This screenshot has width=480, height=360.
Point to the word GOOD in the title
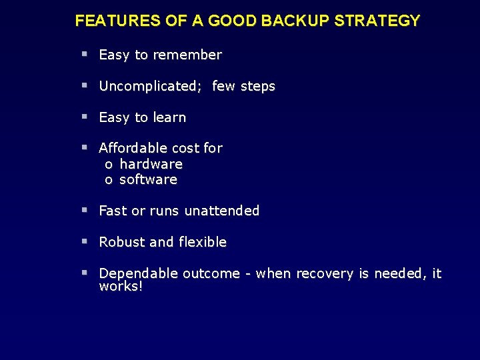click(233, 21)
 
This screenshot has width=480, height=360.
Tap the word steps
click(257, 86)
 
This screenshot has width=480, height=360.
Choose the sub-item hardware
click(151, 164)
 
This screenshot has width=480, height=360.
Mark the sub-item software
click(148, 179)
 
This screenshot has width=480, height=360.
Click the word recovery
click(323, 273)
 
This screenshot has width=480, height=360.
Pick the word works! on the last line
click(121, 286)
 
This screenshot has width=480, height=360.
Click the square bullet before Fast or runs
click(85, 210)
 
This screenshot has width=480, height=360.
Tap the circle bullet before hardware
click(108, 165)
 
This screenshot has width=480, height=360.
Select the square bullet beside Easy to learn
click(85, 117)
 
